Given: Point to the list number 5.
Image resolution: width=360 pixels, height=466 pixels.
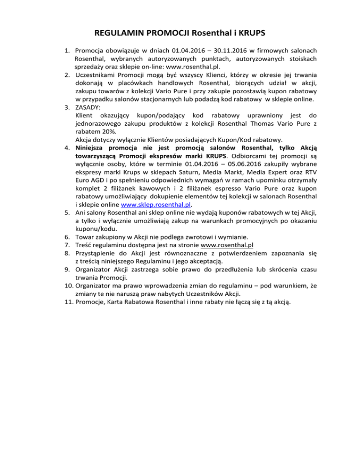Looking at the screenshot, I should [67, 212].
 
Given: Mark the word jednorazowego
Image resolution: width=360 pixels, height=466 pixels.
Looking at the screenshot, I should [99, 124].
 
